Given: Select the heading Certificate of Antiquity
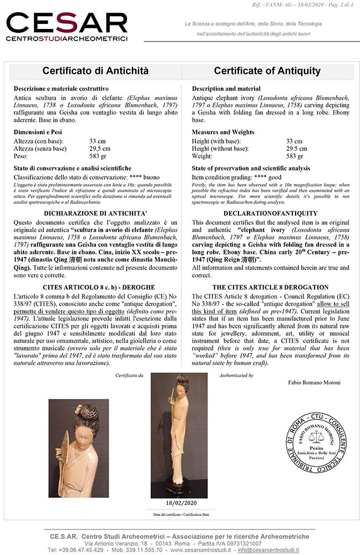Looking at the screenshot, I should pos(267,71).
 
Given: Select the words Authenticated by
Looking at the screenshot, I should pos(236,376).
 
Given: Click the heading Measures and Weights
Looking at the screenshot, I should pos(223,132).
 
